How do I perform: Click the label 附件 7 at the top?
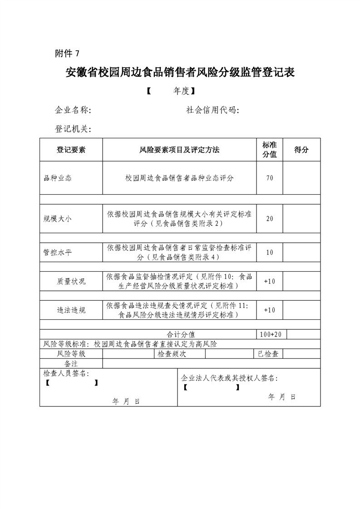pyautogui.click(x=67, y=54)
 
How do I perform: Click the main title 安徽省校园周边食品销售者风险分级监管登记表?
pyautogui.click(x=180, y=73)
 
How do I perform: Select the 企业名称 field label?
pyautogui.click(x=73, y=110)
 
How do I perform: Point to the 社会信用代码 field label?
pyautogui.click(x=213, y=110)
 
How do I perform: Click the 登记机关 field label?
pyautogui.click(x=73, y=129)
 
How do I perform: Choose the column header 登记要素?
pyautogui.click(x=71, y=150)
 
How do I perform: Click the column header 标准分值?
pyautogui.click(x=270, y=150)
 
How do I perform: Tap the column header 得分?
pyautogui.click(x=301, y=150)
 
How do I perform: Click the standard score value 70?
pyautogui.click(x=270, y=178)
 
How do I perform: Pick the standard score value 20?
pyautogui.click(x=270, y=219)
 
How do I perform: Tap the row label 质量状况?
pyautogui.click(x=71, y=281)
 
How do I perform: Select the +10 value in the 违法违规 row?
pyautogui.click(x=270, y=310)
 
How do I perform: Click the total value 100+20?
pyautogui.click(x=271, y=334)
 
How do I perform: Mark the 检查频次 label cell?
pyautogui.click(x=172, y=354)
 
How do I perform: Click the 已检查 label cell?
pyautogui.click(x=268, y=354)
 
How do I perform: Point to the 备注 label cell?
pyautogui.click(x=71, y=363)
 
